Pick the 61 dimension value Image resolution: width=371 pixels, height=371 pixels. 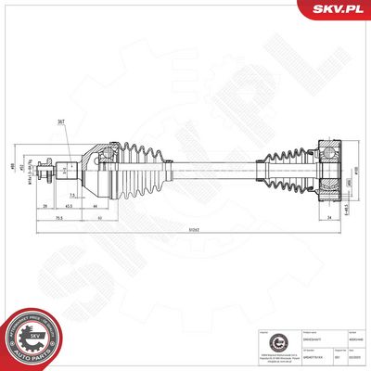tap(100, 219)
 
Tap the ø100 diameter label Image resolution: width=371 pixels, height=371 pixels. tap(356, 171)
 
